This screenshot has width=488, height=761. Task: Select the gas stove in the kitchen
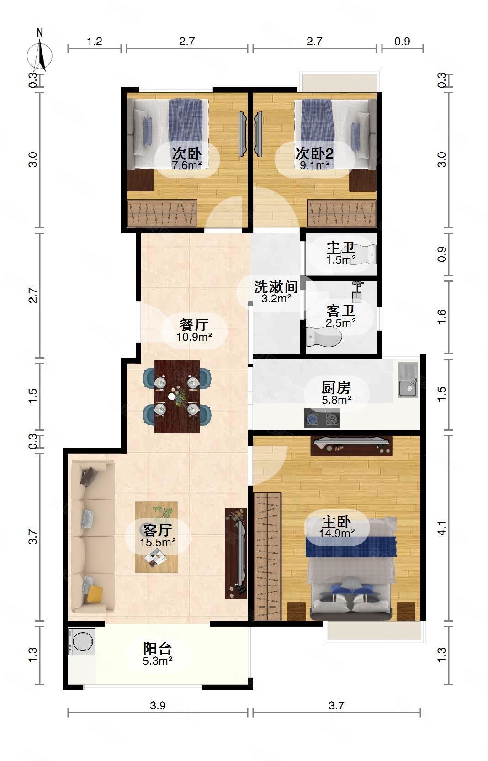coord(322,418)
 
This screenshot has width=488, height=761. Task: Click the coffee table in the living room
coord(156,537)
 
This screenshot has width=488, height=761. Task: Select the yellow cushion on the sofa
coord(95,593)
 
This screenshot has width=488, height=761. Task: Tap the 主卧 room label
coord(336,521)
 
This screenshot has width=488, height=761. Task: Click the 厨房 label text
coord(336,387)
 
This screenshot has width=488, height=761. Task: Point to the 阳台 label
coord(157,648)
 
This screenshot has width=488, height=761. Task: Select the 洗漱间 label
coord(276,287)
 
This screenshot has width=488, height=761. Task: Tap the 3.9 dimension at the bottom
coord(158,705)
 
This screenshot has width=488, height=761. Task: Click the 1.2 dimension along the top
coord(95,42)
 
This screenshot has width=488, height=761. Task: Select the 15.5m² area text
coord(158,542)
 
